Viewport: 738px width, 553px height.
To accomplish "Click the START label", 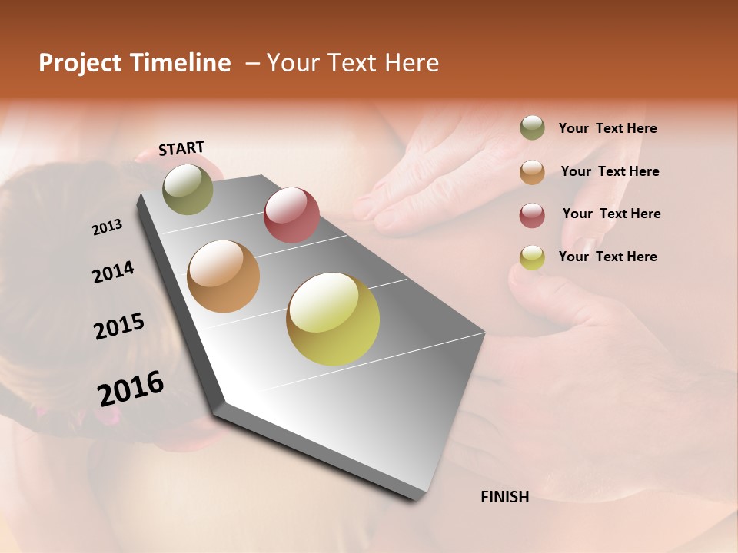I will click(181, 148).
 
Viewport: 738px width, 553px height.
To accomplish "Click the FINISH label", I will click(504, 497).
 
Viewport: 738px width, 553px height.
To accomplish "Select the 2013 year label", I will click(107, 227).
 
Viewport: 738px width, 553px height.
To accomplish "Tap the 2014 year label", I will click(113, 272).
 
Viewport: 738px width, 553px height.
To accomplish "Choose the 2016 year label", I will click(131, 389).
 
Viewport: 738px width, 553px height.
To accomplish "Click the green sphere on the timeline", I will click(188, 189).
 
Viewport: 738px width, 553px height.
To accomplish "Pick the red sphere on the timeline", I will click(291, 214).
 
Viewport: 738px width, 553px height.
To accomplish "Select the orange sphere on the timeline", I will click(223, 276).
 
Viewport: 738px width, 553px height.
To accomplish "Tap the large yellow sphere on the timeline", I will click(333, 319).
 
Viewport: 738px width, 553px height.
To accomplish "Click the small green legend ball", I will click(532, 127).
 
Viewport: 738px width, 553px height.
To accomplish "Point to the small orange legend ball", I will click(532, 171).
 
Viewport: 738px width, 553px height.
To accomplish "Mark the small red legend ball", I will click(532, 214).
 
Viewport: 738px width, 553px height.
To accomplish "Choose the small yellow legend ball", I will click(532, 257).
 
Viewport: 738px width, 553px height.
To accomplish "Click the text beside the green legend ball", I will click(607, 128).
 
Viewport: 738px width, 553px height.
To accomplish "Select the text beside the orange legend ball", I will click(610, 171).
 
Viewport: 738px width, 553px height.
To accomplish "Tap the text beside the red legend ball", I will click(611, 214).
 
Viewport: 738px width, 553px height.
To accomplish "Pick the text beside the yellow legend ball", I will click(607, 257).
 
